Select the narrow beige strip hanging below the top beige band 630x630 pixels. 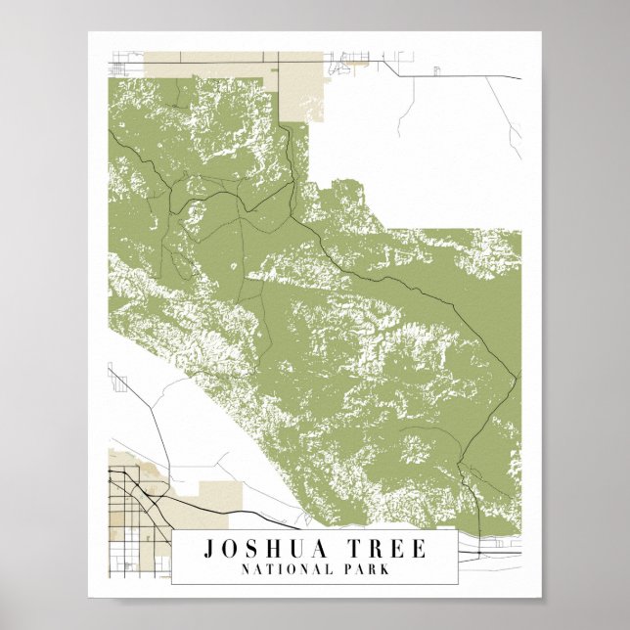click(302, 98)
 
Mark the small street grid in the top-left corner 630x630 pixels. click(119, 67)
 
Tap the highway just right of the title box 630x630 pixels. click(489, 554)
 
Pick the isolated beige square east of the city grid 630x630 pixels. click(212, 495)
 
